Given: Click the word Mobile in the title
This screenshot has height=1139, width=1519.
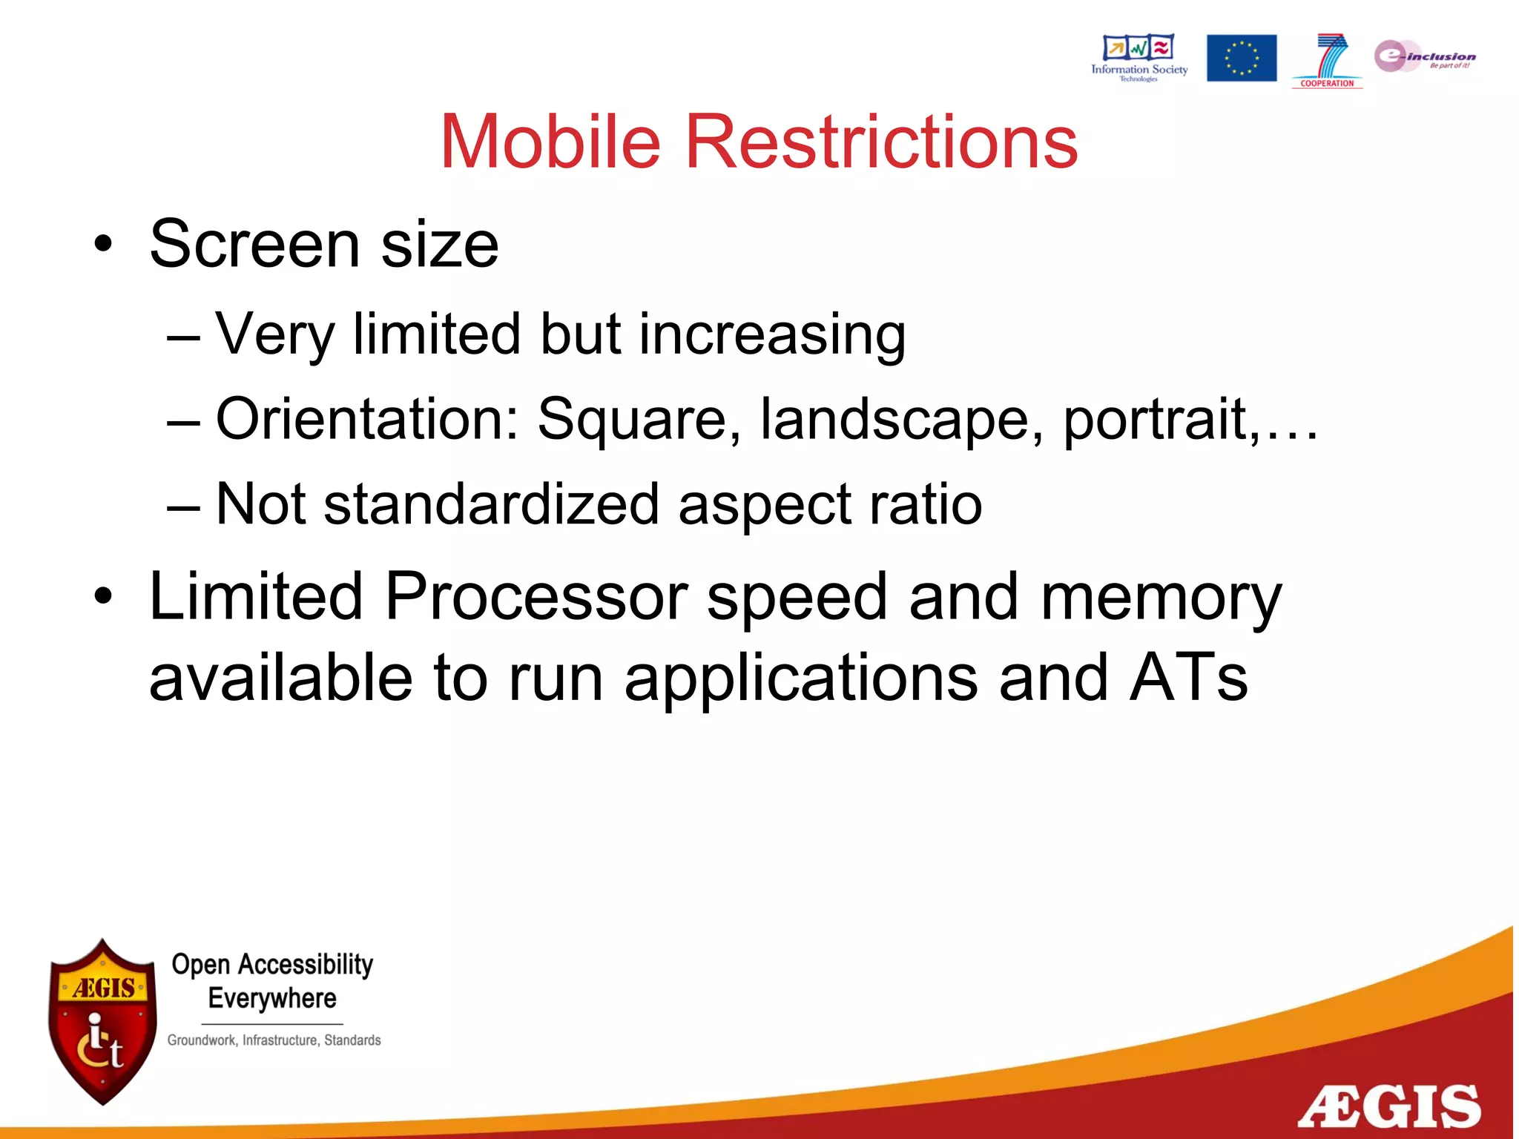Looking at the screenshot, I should (550, 142).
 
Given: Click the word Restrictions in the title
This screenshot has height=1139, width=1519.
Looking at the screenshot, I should (880, 142).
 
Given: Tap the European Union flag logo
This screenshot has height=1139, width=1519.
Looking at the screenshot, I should (1241, 58).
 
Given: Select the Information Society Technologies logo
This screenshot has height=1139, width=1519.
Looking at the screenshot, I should (1139, 57).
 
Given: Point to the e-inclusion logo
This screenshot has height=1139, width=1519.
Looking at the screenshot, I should (1424, 56).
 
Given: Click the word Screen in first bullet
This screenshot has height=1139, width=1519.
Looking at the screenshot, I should (254, 244).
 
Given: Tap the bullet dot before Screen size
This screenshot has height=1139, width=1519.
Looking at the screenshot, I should (103, 244).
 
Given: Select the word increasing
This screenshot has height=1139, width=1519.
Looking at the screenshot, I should (771, 334).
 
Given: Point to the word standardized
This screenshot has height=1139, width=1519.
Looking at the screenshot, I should (491, 504).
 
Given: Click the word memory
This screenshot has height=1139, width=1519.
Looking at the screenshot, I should (1160, 598).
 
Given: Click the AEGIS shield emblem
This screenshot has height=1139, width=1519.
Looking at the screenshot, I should (102, 1022).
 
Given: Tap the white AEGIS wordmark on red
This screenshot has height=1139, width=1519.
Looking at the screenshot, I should (1388, 1107).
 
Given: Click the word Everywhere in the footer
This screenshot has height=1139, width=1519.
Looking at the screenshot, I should (272, 999).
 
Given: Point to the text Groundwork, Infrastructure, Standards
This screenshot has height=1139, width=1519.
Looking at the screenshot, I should (274, 1040).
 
